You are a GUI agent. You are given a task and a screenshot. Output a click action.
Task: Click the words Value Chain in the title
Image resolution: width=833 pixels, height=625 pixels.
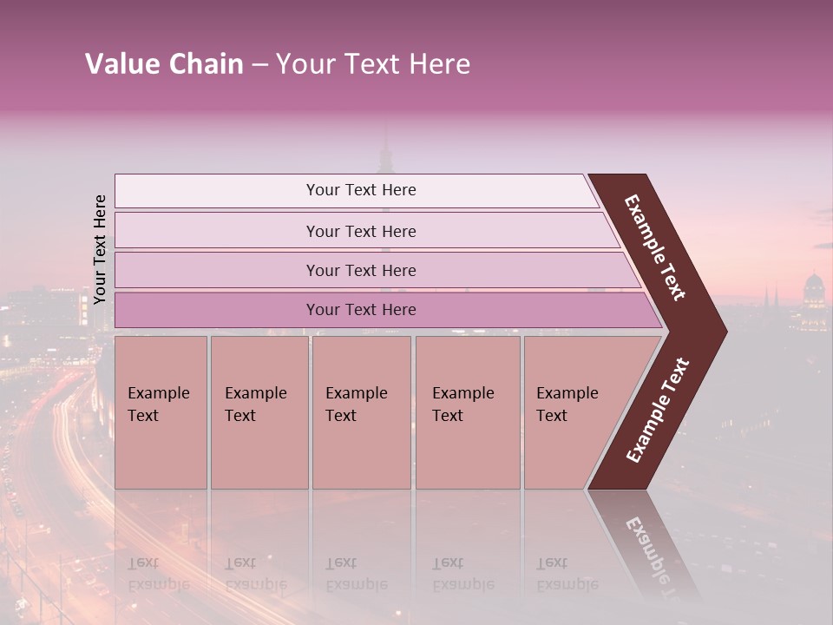[x=164, y=64]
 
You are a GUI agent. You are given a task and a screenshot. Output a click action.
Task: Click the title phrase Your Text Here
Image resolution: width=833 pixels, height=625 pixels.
[x=373, y=64]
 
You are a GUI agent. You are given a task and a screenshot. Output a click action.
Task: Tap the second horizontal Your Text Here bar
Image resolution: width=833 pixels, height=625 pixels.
[x=361, y=231]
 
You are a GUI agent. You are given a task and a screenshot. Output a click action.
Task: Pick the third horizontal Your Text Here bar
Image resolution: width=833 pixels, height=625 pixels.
[x=361, y=270]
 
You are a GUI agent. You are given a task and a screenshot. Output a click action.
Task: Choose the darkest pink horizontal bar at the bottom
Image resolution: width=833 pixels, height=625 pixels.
[x=361, y=310]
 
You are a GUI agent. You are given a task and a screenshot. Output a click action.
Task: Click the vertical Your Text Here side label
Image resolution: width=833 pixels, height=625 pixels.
[x=100, y=249]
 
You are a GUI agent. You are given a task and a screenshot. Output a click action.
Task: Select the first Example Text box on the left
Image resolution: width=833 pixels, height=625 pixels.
[x=161, y=411]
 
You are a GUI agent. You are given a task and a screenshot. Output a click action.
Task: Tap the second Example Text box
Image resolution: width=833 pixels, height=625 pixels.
[x=259, y=411]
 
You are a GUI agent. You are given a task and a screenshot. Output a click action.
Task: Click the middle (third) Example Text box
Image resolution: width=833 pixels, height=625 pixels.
[x=361, y=411]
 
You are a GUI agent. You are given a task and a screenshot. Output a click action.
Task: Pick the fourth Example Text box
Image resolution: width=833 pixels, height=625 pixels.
[x=467, y=411]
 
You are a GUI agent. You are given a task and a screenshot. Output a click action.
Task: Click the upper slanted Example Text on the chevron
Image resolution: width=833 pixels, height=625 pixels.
[x=655, y=247]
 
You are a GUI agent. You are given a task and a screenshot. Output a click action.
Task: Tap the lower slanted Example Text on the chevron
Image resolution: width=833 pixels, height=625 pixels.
[x=658, y=410]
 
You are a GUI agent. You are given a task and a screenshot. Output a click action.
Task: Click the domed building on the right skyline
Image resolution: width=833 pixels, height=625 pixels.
[x=814, y=291]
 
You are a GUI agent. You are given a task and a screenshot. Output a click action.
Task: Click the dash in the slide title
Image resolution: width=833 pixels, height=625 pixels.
[x=259, y=65]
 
